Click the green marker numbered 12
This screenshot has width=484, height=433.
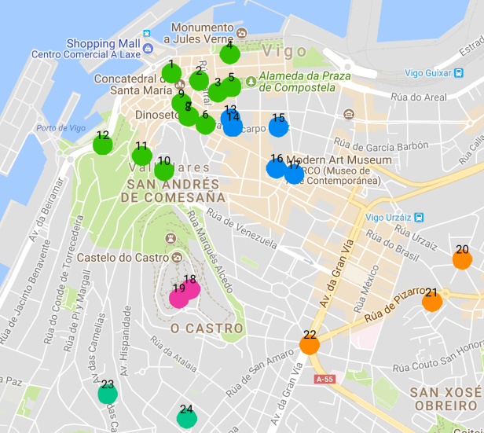102,145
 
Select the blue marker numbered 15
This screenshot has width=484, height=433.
278,127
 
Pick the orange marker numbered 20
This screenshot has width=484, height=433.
462,259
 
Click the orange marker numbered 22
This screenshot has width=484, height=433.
310,344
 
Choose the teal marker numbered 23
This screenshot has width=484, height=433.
108,394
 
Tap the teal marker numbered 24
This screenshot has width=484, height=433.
186,418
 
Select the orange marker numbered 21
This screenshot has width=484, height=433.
431,302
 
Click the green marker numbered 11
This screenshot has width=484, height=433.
141,155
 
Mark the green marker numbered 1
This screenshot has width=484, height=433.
171,73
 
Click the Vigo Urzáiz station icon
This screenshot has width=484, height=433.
419,218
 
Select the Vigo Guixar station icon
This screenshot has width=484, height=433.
458,73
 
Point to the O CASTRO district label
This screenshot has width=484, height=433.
197,327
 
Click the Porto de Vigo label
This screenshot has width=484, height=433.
60,128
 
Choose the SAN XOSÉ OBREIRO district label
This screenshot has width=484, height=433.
445,399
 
